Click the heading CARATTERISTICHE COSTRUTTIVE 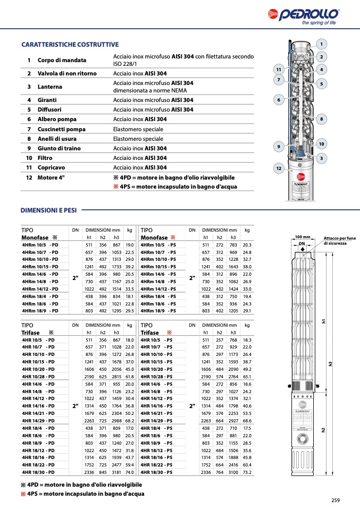pos(70,45)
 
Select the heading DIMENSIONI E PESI pos(48,210)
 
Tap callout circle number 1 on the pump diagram pos(321,44)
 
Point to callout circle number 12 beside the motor pos(278,168)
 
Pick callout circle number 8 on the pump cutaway pos(321,120)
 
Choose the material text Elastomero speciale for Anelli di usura pos(138,139)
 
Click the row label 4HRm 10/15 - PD pos(40,266)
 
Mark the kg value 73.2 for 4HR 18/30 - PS pos(247,471)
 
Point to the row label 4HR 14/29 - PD pos(38,420)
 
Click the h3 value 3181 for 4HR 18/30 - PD pos(116,471)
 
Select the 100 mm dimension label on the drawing pos(302,237)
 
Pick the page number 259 pos(335,499)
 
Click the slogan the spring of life pos(319,23)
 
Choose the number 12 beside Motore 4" pos(29,177)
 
